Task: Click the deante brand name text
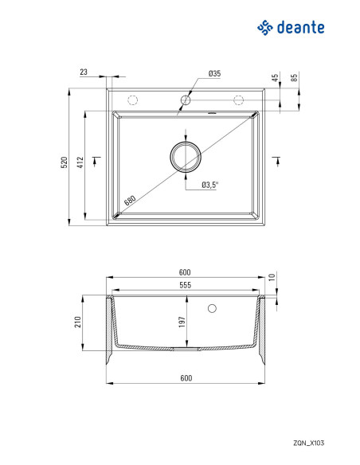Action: (300, 27)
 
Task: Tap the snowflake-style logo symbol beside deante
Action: (264, 28)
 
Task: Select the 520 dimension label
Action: (64, 162)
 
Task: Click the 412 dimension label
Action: (80, 162)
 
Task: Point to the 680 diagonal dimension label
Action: (130, 200)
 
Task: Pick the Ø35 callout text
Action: (214, 73)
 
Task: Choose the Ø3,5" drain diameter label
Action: (209, 185)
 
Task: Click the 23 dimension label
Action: (84, 72)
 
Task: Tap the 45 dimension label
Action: (276, 78)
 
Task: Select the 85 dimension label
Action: (294, 78)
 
